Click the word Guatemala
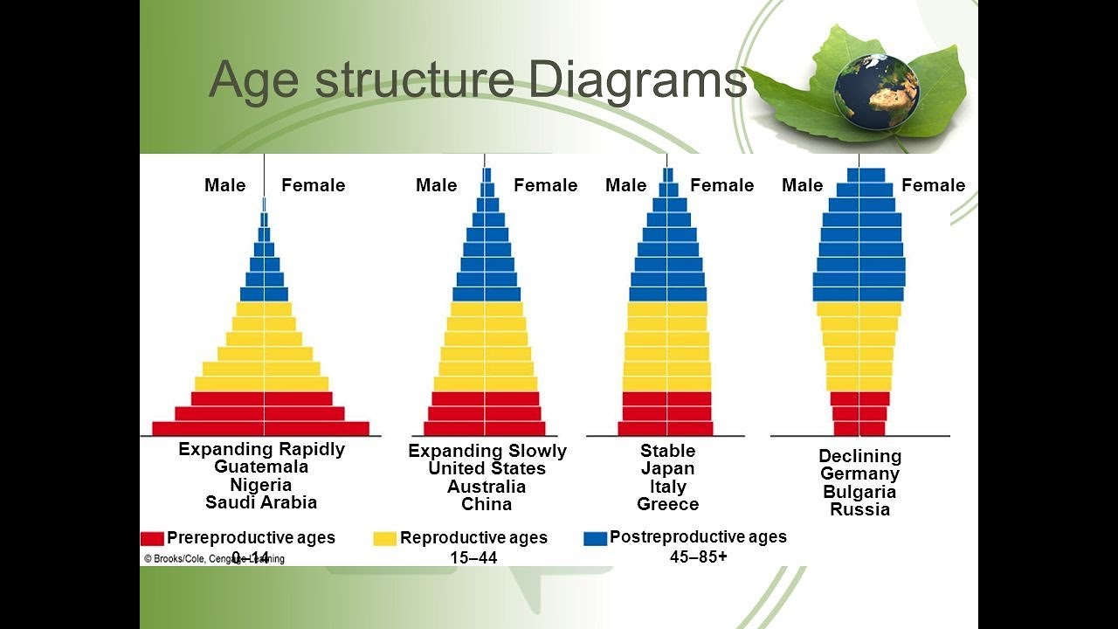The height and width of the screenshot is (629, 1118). (261, 467)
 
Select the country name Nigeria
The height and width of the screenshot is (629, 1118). (261, 485)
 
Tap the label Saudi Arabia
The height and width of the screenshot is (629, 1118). (261, 502)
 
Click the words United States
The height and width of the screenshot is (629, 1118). (487, 469)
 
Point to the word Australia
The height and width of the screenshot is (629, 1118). (487, 487)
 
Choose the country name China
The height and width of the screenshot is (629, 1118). (487, 504)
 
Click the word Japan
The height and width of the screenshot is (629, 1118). (668, 469)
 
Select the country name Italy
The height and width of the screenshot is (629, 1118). (668, 487)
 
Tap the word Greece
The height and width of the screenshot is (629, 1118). (668, 504)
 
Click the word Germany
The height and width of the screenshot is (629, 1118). (859, 473)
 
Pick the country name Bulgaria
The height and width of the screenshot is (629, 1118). (859, 492)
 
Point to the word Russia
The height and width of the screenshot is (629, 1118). (859, 509)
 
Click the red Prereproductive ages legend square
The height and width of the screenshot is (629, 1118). (152, 538)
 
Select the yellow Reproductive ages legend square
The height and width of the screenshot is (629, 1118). (384, 538)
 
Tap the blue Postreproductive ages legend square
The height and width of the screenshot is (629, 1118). (595, 538)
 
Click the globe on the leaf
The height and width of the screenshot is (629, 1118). (876, 87)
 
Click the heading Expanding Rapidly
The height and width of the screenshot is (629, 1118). (261, 449)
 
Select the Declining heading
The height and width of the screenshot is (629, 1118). (859, 456)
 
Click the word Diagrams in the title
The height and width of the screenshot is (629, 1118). (638, 80)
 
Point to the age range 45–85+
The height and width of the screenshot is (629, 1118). (698, 556)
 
